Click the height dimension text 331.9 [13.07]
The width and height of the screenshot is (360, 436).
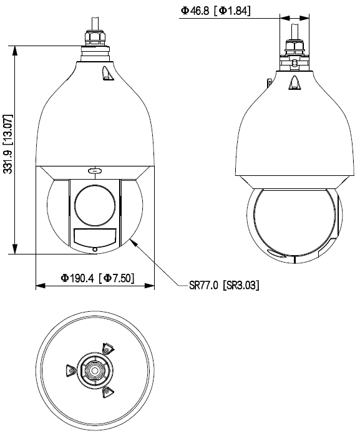pos(8,143)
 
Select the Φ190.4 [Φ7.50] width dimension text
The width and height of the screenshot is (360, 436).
pos(97,278)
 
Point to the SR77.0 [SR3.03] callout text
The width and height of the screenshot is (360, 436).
pos(224,285)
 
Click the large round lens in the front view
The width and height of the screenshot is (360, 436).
pos(95,205)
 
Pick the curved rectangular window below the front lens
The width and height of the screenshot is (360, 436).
pos(95,238)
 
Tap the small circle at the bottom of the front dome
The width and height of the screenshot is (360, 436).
pos(95,249)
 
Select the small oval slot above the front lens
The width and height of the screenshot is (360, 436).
pos(95,170)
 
